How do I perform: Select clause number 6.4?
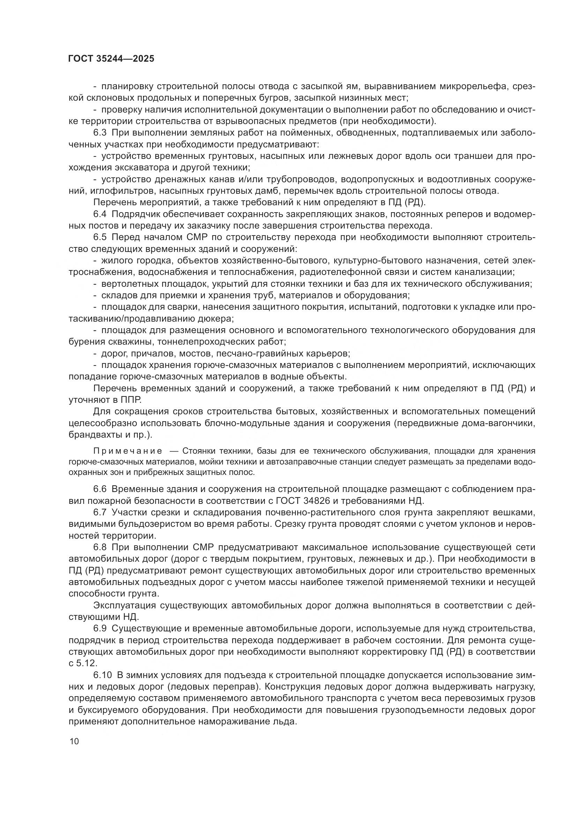tap(100, 214)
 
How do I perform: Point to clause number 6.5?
tap(100, 238)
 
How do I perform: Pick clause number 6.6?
tap(100, 489)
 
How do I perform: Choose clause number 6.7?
tap(100, 512)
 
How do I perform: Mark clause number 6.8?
tap(100, 547)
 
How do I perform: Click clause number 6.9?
tap(100, 628)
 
